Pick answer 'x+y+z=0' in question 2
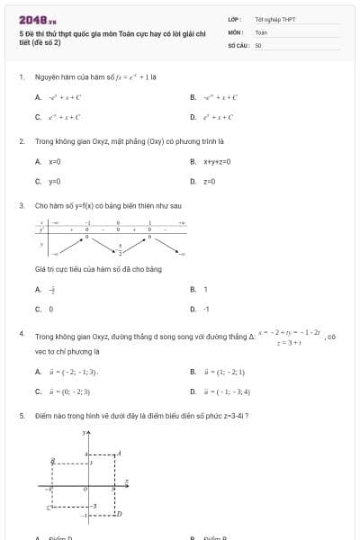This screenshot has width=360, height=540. [217, 161]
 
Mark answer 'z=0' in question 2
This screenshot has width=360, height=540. [209, 181]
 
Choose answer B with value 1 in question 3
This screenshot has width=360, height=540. [205, 289]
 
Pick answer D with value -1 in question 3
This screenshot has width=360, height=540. [206, 309]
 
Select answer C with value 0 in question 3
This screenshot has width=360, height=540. [50, 309]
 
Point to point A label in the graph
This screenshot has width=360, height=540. [120, 452]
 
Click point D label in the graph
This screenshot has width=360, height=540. [119, 513]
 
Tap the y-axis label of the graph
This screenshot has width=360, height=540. [84, 434]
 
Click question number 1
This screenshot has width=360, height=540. [21, 77]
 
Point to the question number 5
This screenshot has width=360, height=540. [21, 416]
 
